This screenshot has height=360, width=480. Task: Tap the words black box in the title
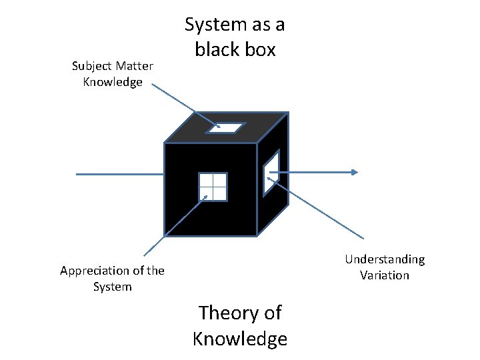coord(234,49)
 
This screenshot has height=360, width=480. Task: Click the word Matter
coord(134,66)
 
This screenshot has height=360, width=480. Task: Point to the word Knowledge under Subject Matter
coord(113,82)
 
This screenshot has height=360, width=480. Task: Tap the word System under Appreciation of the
coord(113,287)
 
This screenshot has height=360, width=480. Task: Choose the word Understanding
coord(385,259)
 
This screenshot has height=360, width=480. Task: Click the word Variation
coord(385,275)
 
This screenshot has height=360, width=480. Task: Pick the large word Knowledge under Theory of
coord(240,339)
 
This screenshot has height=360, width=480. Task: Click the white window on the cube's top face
coord(226,127)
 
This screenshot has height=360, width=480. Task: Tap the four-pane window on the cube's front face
coord(213,187)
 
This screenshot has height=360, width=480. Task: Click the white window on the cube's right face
coord(271,173)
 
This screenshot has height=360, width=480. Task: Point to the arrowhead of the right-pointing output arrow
coord(354,173)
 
